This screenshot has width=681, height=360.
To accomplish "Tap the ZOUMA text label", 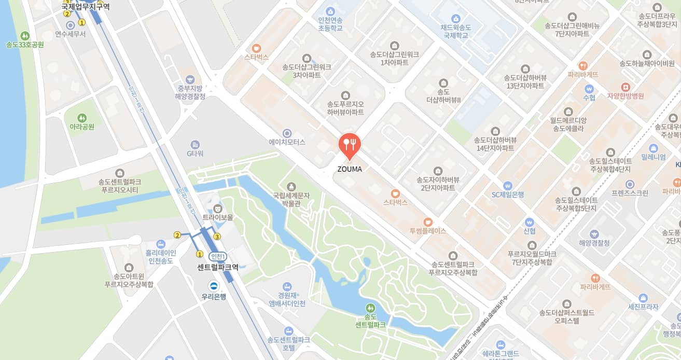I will coord(350,169).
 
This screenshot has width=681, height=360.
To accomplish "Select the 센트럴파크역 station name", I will coord(218,268).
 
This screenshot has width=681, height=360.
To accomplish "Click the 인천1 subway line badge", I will coord(218,256).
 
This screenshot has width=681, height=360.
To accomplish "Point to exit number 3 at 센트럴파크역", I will coord(217,237).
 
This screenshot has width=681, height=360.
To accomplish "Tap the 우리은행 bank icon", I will coord(213,286).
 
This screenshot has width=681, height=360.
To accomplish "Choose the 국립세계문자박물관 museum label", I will coord(291,199).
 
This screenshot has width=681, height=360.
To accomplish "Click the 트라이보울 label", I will coord(218,217).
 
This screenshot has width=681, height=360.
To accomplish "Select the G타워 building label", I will coord(195,154).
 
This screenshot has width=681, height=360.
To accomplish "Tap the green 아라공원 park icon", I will coord(82,118).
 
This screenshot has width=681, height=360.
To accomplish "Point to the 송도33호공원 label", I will coord(25,45).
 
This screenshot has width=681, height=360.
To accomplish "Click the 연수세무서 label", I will coord(71,34).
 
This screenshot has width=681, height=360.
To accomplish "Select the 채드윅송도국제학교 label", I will coord(455,31).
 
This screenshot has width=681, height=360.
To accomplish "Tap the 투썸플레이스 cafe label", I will coord(428,231).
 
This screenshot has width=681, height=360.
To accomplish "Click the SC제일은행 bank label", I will coord(508,195).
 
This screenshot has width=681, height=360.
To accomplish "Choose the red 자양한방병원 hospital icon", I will coord(626,87).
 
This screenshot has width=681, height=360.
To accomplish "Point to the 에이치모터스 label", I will coord(287,142).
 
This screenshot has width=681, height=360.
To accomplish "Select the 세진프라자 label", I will coord(643,307).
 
